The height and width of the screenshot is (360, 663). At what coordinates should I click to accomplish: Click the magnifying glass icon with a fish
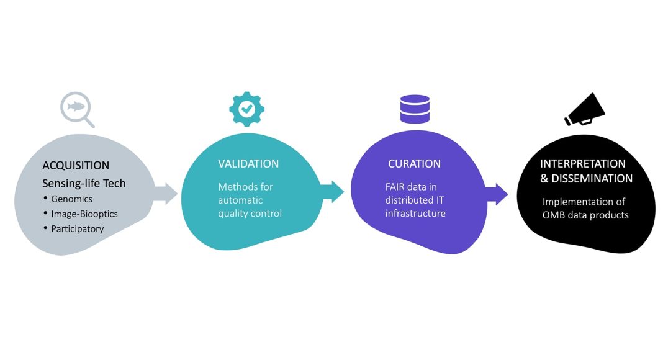click(75, 109)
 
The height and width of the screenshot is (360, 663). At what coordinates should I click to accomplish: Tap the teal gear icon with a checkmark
click(246, 109)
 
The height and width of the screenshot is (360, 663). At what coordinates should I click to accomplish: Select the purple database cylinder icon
click(415, 108)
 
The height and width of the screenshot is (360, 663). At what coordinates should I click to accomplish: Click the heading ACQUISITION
click(76, 166)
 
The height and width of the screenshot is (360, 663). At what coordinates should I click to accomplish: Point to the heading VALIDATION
click(248, 164)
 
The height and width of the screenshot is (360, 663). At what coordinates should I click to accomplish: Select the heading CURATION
click(414, 164)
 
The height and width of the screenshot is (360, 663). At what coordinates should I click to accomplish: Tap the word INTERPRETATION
click(582, 164)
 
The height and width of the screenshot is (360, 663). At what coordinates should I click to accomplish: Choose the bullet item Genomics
click(71, 199)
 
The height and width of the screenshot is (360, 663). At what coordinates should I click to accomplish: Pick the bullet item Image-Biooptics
click(84, 214)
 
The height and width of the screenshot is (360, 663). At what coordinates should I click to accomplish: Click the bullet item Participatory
click(78, 228)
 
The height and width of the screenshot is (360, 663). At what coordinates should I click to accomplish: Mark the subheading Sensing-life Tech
click(84, 183)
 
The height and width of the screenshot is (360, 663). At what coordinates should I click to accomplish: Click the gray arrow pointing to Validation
click(165, 193)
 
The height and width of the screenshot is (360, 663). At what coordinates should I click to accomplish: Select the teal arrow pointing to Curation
click(332, 191)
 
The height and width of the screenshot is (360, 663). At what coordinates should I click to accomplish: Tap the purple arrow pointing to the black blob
click(497, 194)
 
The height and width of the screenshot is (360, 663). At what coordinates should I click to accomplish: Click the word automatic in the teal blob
click(240, 200)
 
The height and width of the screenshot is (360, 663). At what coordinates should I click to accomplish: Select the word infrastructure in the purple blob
click(415, 214)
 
